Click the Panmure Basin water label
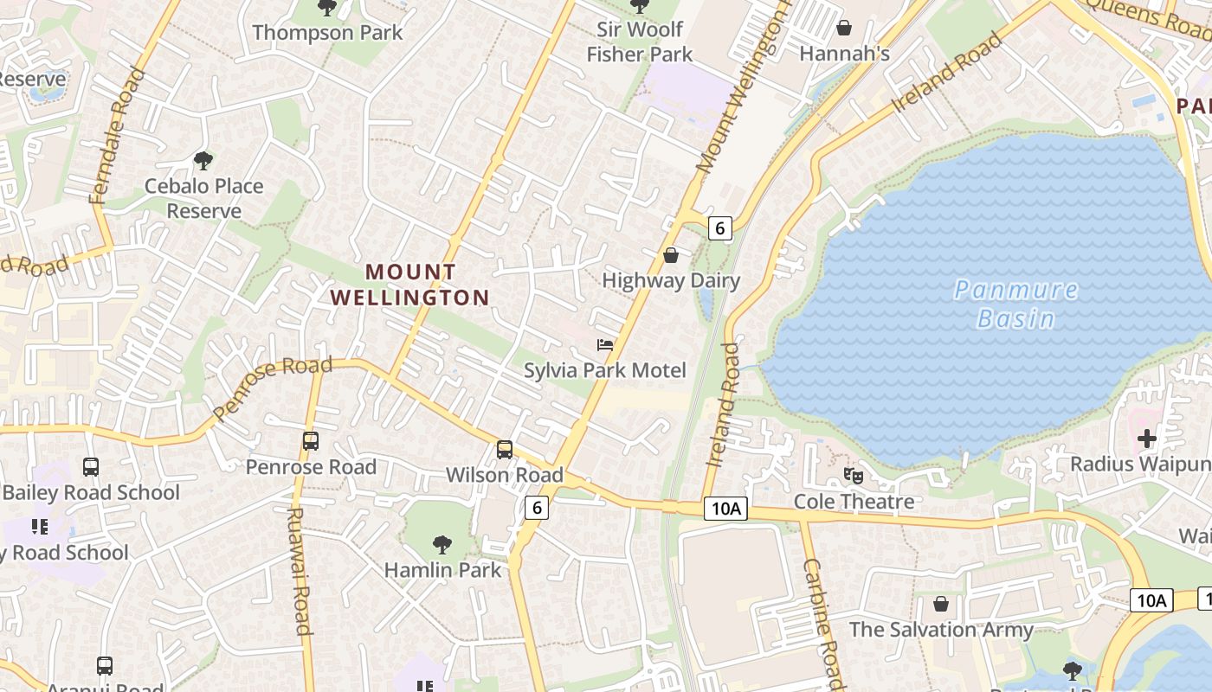(x=1016, y=304)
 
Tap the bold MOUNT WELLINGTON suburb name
(x=410, y=285)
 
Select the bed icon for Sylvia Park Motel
(x=605, y=345)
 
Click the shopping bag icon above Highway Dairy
(x=670, y=255)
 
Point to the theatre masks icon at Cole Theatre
(x=854, y=475)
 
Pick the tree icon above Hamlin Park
(x=442, y=544)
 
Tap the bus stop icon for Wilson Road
(x=505, y=449)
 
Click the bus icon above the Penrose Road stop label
(x=311, y=440)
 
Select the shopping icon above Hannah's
(x=844, y=28)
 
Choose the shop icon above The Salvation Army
(x=941, y=603)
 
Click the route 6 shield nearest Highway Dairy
(x=719, y=228)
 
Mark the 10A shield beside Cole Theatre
(x=725, y=509)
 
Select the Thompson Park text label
(x=327, y=33)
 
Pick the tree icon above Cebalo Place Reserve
(x=203, y=160)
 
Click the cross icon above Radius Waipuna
(x=1147, y=439)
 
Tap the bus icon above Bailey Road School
(x=91, y=467)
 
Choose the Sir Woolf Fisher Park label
(x=640, y=42)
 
